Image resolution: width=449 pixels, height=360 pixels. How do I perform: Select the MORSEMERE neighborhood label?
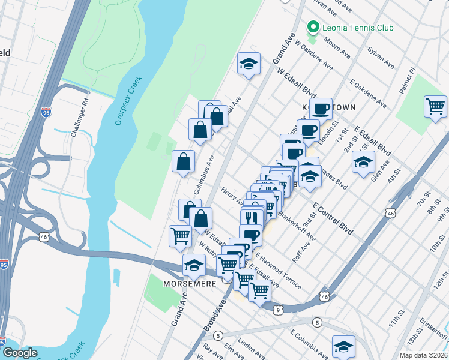coord(190,283)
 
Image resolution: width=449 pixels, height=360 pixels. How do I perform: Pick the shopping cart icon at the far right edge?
coord(435,107)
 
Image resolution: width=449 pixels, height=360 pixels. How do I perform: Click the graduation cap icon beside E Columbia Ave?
coord(343,346)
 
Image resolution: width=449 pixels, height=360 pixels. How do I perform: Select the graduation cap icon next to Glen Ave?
coord(363,162)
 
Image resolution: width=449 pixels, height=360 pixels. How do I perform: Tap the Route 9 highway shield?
coord(277,310)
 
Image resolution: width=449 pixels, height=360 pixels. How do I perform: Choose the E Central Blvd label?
coord(331,218)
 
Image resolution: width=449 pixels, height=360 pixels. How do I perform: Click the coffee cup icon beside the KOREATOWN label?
coord(322,109)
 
